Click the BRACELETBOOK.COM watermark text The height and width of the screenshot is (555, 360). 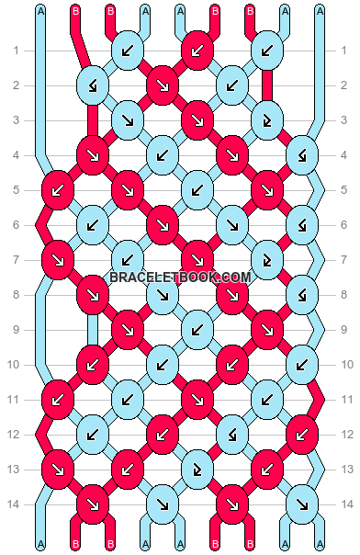point(180,277)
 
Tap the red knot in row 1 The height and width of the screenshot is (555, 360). point(197,51)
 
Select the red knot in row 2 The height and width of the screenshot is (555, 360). point(162,85)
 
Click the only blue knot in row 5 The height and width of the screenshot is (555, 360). point(197,190)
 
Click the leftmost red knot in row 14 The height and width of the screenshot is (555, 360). point(92,504)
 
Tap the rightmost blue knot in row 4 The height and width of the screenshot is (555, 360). point(301,155)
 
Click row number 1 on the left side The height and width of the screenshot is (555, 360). point(16,51)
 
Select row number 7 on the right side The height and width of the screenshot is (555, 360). point(344,260)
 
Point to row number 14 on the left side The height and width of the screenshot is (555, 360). point(16,504)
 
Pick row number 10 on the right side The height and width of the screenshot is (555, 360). point(344,365)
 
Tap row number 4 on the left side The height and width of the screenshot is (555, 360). point(16,155)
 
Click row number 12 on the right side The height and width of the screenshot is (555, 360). point(344,435)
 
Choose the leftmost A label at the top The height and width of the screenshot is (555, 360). point(40,11)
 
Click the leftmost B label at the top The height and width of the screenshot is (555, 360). point(75,11)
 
